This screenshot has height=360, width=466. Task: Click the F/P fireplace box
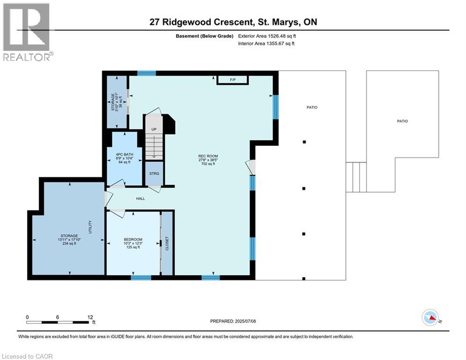click(232, 80)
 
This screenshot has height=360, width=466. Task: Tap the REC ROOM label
click(208, 156)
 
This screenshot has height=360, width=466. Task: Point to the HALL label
click(141, 198)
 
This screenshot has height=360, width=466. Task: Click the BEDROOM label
click(133, 240)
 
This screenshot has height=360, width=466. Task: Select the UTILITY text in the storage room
click(90, 227)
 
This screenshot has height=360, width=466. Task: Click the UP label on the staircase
click(153, 129)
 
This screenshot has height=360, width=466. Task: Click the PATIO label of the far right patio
click(402, 121)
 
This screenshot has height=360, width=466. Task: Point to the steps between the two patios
click(356, 177)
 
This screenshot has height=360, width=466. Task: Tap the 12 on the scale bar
click(90, 317)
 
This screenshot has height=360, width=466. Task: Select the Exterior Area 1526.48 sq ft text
click(266, 36)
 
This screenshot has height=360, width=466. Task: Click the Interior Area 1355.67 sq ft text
click(266, 44)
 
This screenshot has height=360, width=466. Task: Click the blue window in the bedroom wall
click(141, 277)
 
